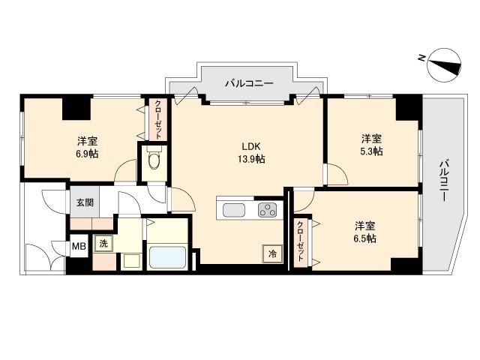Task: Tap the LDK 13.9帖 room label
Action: (251, 152)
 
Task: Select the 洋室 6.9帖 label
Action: (87, 147)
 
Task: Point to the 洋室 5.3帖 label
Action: (371, 145)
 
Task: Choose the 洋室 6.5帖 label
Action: (365, 232)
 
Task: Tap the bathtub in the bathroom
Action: (166, 256)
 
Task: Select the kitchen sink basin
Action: (234, 210)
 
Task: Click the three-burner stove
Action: (267, 210)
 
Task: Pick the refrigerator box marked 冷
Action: (272, 253)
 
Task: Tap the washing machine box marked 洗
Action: (103, 244)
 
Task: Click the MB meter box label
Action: (79, 246)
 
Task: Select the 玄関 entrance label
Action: (85, 202)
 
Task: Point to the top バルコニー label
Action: (249, 83)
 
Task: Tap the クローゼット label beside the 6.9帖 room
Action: (158, 119)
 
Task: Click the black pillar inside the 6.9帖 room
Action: (76, 108)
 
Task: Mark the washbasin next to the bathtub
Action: (132, 262)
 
